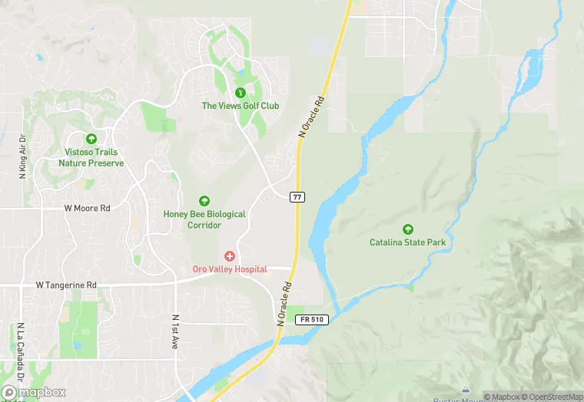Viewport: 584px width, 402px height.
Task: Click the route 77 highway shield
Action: pos(297,197)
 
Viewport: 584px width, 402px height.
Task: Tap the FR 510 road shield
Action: pos(315,319)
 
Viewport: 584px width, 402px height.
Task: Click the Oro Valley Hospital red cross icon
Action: pos(229,255)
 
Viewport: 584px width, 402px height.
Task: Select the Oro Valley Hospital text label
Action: pos(229,269)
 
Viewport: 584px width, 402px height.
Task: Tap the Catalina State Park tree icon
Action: pos(407,229)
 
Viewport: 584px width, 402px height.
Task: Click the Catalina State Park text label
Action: pos(407,242)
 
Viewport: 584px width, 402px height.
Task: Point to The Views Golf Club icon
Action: pos(240,92)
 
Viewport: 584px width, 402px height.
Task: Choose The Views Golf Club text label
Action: pos(240,106)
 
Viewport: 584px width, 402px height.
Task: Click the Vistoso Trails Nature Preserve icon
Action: pos(91,139)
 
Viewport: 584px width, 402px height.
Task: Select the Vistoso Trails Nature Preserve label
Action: pos(91,158)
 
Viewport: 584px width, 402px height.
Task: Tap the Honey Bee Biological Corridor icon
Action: pos(204,201)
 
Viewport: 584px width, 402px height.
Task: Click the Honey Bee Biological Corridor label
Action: pos(204,220)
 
